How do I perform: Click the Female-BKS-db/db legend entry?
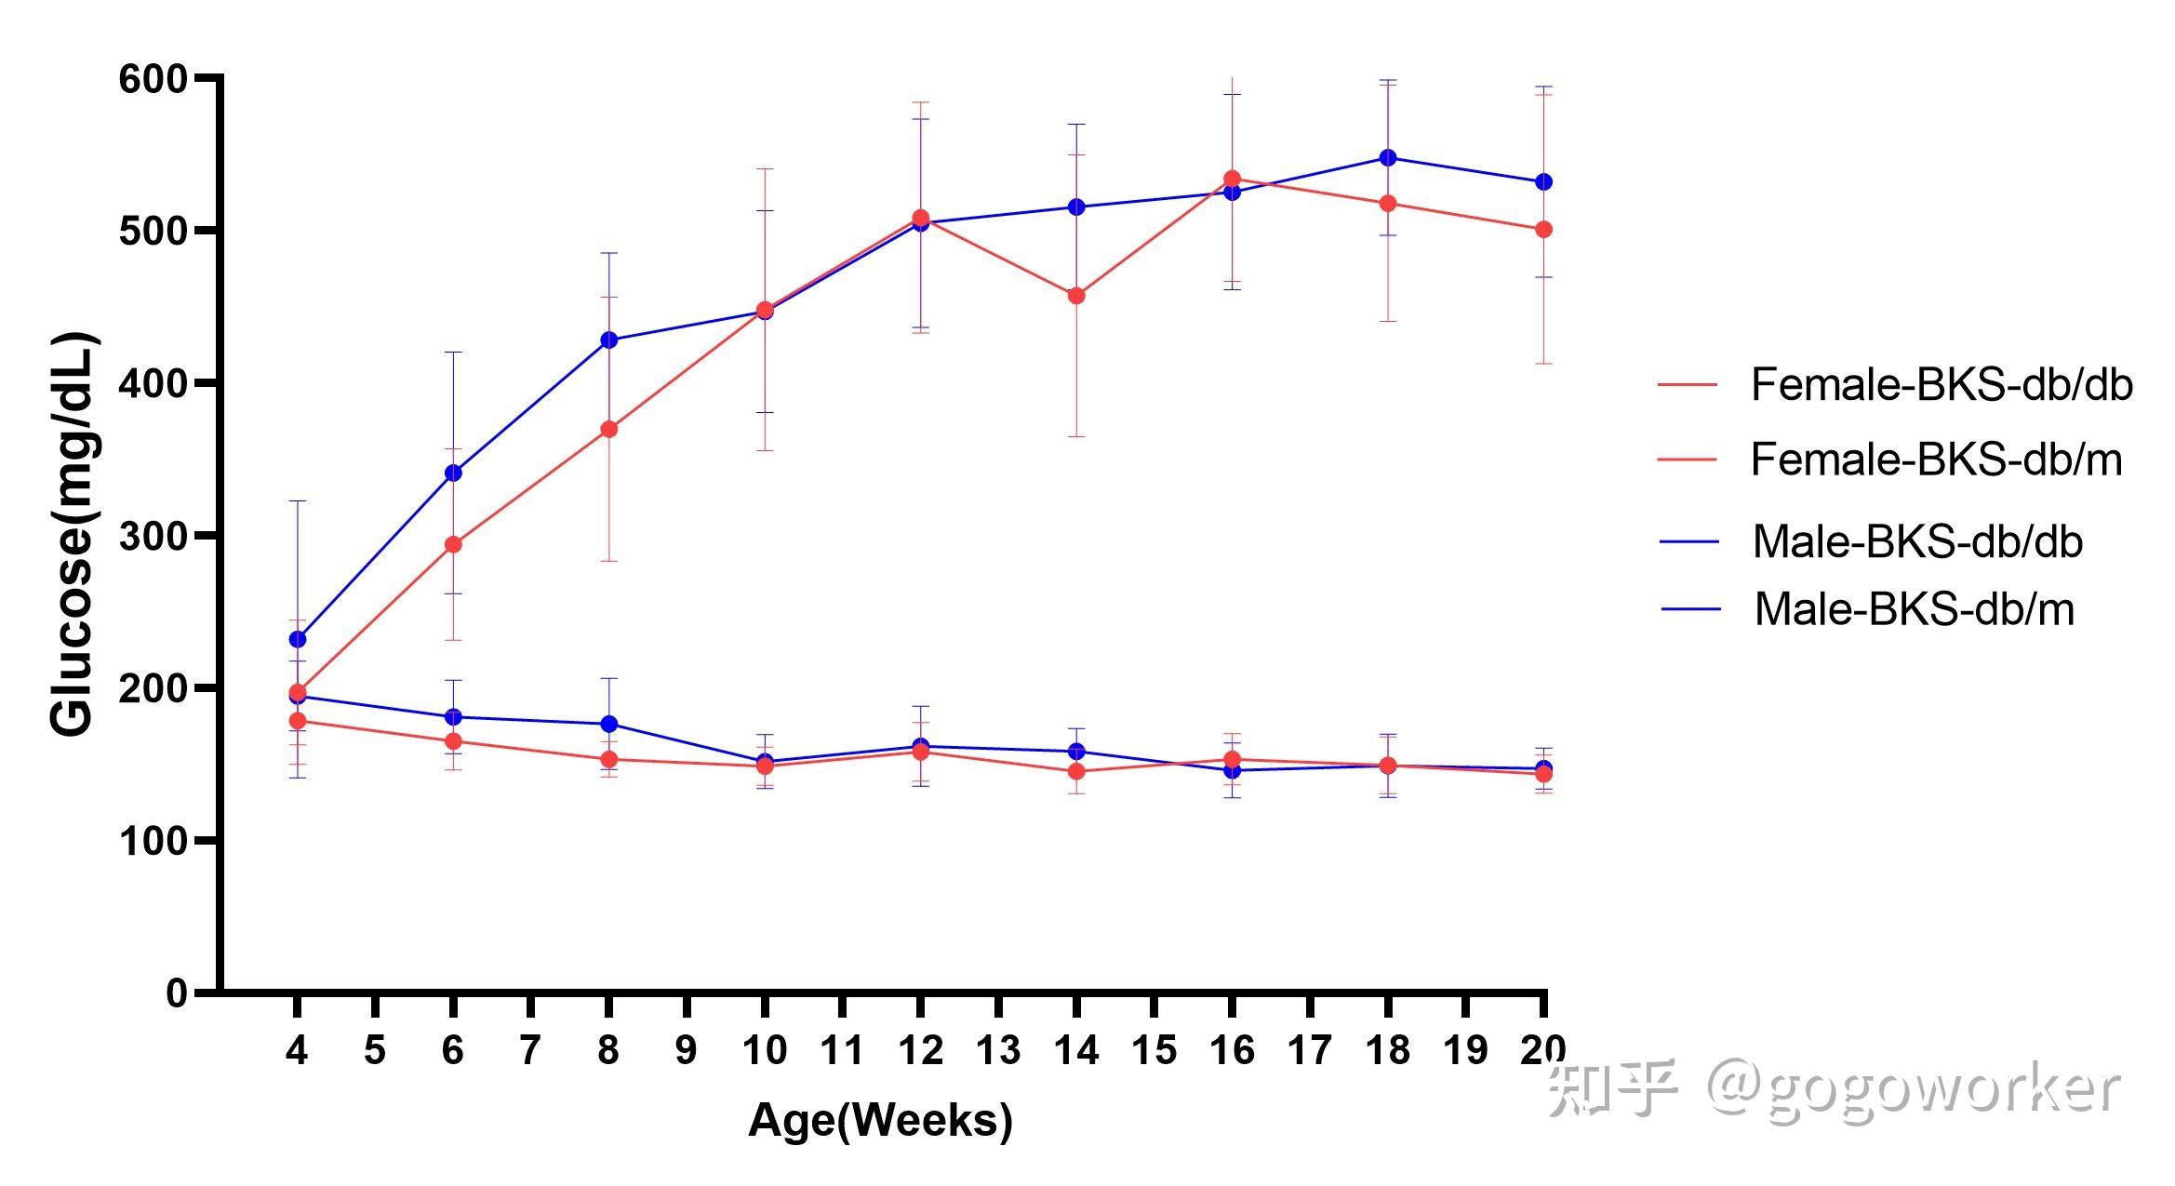1941,385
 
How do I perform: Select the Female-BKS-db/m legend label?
1936,460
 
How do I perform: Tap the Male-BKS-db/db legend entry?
1916,542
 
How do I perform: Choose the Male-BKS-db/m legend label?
1914,610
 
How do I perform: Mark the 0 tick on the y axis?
177,993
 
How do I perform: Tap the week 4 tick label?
297,1051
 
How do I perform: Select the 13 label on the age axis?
998,1051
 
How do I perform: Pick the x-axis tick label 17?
1310,1051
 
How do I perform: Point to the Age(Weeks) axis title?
880,1120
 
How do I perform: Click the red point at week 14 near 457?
1076,296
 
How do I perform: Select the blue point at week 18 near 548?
1388,157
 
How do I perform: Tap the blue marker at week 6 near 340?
453,473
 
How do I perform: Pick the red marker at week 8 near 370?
609,429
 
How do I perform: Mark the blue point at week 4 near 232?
298,639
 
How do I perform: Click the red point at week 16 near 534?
1232,178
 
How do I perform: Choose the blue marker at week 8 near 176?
609,724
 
